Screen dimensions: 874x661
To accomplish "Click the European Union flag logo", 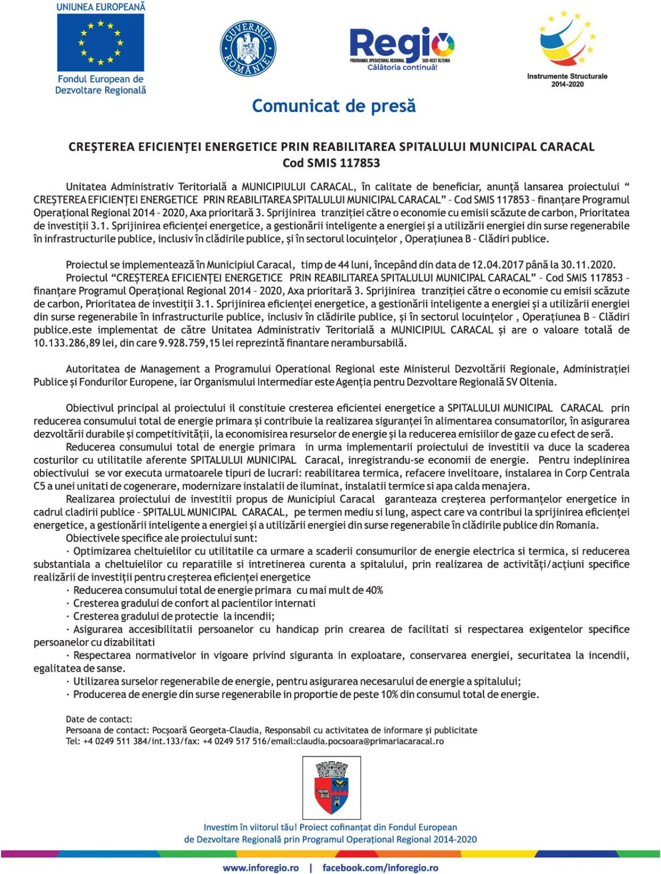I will click(x=101, y=43).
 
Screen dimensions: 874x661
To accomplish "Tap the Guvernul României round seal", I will click(x=247, y=48).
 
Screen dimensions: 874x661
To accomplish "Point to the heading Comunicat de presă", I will click(x=333, y=106).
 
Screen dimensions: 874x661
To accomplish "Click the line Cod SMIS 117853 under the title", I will click(x=331, y=163).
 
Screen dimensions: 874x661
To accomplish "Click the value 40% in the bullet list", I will click(x=374, y=591).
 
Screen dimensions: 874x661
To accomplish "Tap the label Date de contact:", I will click(x=99, y=720).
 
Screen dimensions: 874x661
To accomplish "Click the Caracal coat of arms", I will click(x=332, y=788).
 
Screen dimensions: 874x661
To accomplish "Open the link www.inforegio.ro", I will click(x=261, y=868).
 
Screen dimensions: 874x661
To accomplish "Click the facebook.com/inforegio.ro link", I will click(x=380, y=868).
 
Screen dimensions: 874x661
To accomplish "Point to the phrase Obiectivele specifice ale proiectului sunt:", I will click(x=162, y=538).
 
